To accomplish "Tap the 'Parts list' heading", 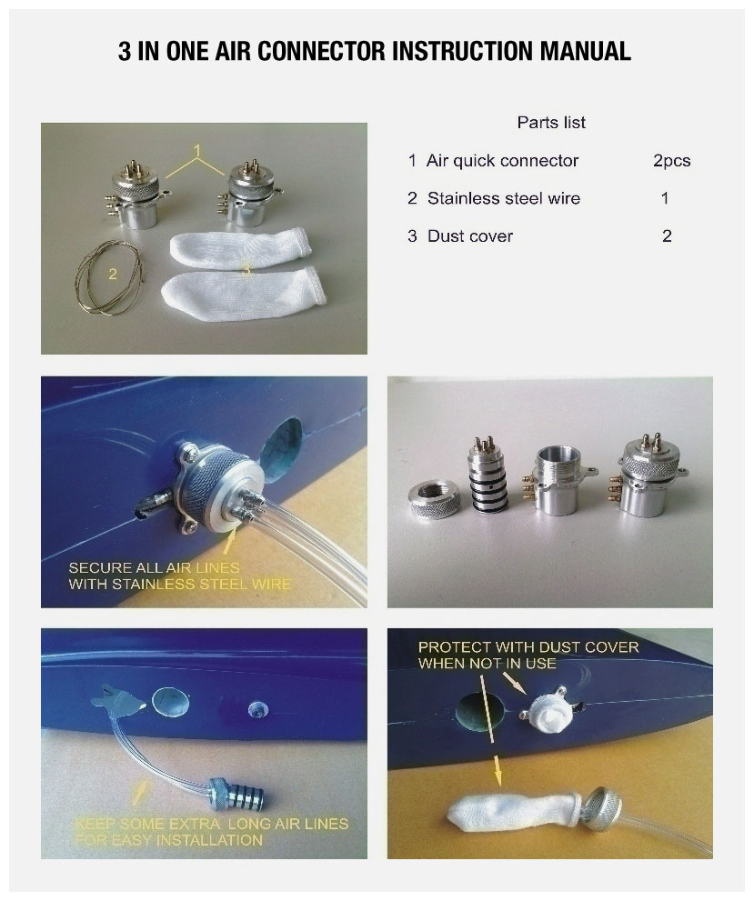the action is pos(551,123).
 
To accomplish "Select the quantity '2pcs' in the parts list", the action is pos(671,161).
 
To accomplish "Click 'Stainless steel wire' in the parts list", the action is pos(504,198).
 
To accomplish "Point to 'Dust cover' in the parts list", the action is pos(470,236).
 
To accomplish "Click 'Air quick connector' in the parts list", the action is pos(502,160).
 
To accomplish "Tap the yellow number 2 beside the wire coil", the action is pos(113,274).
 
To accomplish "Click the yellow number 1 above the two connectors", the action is pos(197,151).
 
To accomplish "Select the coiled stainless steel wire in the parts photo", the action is pos(108,279).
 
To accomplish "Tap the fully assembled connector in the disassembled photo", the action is pos(650,478).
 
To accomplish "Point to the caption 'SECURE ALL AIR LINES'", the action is pos(154,567).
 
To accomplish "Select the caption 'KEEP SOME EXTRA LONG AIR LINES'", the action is pos(212,824).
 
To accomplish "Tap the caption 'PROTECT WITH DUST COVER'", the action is pos(528,647).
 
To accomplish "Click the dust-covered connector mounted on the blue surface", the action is pos(548,711).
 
